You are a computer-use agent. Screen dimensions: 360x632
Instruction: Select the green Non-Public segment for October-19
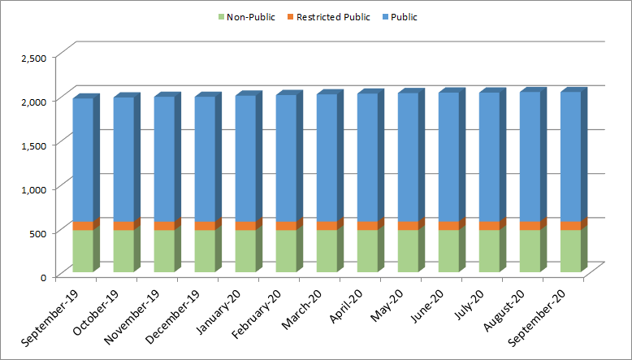[x=123, y=250]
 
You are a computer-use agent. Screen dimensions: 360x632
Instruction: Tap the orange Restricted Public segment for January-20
[x=245, y=226]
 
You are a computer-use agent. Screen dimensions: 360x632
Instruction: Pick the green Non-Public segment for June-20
[x=448, y=250]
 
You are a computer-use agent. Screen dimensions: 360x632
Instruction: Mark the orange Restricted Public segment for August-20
[x=530, y=226]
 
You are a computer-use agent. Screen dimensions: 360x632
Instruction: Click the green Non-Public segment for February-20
[x=286, y=250]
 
